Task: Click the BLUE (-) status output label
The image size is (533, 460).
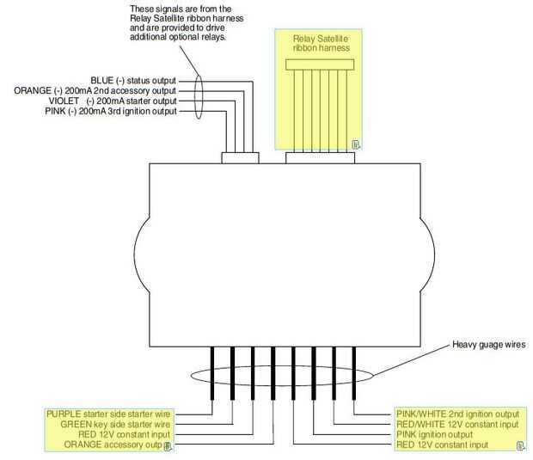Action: pyautogui.click(x=133, y=81)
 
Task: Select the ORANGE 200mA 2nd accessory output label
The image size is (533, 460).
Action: pyautogui.click(x=95, y=91)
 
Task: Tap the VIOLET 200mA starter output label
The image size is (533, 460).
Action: pyautogui.click(x=113, y=101)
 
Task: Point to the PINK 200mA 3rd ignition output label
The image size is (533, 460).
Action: pyautogui.click(x=111, y=111)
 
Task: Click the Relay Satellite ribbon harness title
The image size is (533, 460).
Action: pyautogui.click(x=321, y=43)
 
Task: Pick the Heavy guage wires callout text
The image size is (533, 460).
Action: pyautogui.click(x=489, y=345)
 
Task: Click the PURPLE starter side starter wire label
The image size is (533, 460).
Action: pyautogui.click(x=108, y=414)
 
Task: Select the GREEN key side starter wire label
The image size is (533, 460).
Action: pyautogui.click(x=115, y=424)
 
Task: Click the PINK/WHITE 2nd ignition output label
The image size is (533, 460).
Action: pyautogui.click(x=458, y=414)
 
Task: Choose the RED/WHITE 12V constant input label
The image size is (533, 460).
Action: pyautogui.click(x=457, y=424)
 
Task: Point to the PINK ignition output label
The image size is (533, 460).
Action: pyautogui.click(x=434, y=434)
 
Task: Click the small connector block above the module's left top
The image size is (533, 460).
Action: pyautogui.click(x=241, y=157)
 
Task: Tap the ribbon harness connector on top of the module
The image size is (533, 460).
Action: pyautogui.click(x=320, y=157)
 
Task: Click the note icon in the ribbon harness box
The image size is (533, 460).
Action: pyautogui.click(x=356, y=144)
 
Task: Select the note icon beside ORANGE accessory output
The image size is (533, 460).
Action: pyautogui.click(x=168, y=446)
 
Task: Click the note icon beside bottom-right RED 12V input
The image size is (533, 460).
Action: pyautogui.click(x=520, y=445)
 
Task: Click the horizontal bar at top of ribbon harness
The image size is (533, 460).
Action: pyautogui.click(x=320, y=64)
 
